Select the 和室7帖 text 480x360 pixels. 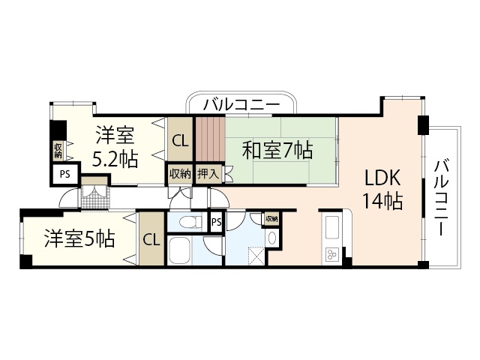[x=277, y=150]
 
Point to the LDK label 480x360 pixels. [x=383, y=178]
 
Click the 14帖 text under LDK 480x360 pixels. [x=383, y=201]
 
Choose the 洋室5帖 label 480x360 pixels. [x=79, y=239]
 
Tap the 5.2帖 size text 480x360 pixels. [x=114, y=159]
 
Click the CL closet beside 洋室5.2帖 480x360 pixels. [x=180, y=139]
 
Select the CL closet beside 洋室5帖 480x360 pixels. [x=151, y=240]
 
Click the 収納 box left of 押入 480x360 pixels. [x=180, y=173]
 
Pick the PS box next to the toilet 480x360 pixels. [x=216, y=222]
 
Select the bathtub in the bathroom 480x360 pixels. [x=184, y=250]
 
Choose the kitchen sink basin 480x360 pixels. [x=331, y=226]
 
